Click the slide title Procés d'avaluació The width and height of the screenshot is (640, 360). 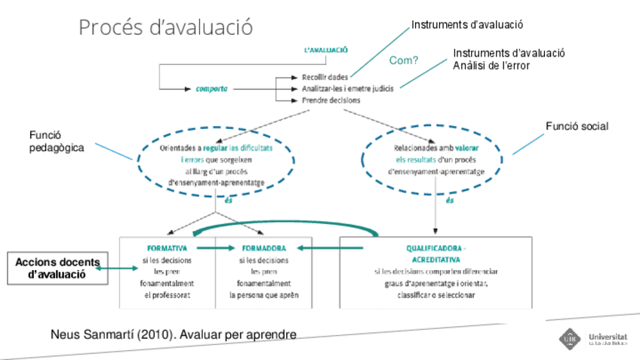click(x=166, y=28)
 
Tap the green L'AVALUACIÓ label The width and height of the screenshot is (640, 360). click(x=325, y=50)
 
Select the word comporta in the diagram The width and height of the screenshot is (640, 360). click(x=212, y=89)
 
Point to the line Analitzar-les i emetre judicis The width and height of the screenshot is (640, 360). click(x=348, y=89)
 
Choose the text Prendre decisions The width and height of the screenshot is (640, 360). click(x=331, y=100)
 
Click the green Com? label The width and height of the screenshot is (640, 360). click(x=404, y=60)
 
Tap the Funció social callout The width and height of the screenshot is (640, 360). click(x=577, y=126)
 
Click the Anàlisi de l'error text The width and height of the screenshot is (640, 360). click(x=491, y=66)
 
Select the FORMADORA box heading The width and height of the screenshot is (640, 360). click(x=264, y=247)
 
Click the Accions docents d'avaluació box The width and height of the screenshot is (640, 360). click(x=57, y=268)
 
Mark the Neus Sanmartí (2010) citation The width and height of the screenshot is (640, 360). click(x=173, y=334)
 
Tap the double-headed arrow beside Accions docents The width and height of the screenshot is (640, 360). click(x=111, y=268)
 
